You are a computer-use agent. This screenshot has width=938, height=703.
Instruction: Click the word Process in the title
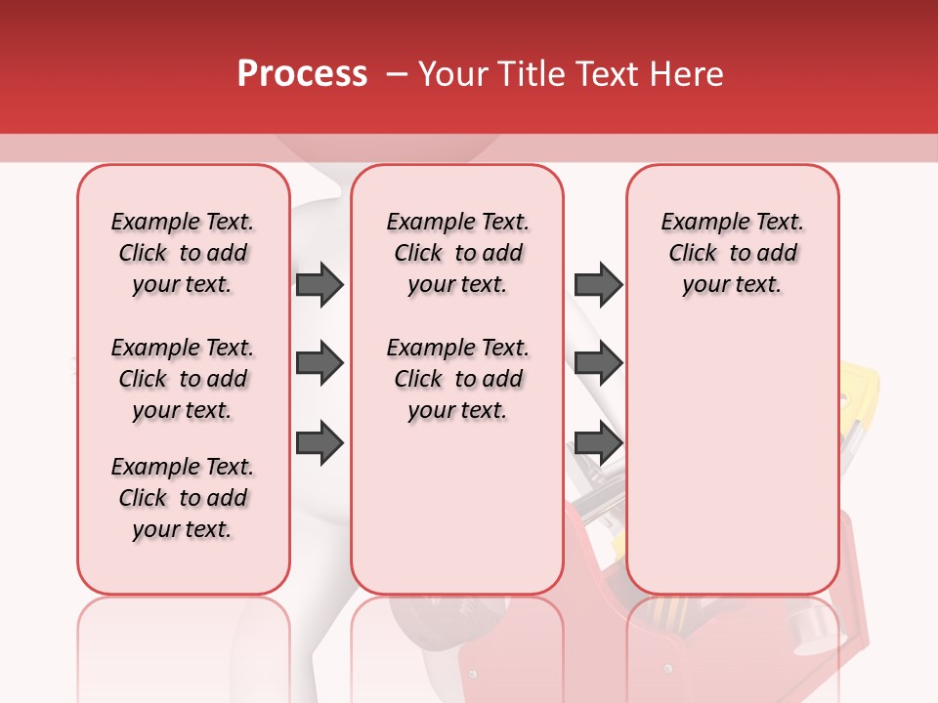point(302,74)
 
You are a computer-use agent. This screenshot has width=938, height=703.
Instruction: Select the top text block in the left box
point(183,253)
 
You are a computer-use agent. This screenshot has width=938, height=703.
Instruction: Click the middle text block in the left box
point(183,379)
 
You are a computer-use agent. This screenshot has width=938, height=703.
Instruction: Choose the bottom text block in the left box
point(183,498)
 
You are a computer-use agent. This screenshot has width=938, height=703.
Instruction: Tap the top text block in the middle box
point(457,253)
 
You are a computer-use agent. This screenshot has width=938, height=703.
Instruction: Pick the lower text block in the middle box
point(457,379)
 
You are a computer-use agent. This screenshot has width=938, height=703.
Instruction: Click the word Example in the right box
point(697,222)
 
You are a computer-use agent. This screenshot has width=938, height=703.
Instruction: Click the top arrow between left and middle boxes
point(320,284)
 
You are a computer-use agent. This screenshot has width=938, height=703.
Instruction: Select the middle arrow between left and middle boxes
point(320,363)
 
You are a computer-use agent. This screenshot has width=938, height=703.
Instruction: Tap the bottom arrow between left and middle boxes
point(320,442)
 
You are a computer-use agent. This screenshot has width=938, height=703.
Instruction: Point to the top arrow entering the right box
point(598,284)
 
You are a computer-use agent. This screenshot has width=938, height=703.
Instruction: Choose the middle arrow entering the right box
point(598,363)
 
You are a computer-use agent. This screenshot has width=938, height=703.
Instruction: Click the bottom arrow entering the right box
point(598,442)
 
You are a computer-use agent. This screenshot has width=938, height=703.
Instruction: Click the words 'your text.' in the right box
point(732,284)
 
